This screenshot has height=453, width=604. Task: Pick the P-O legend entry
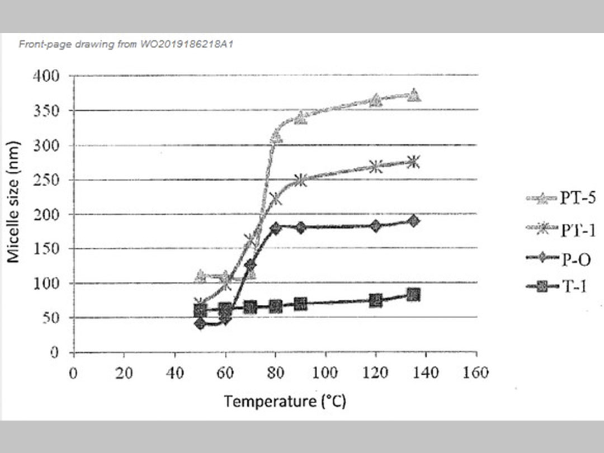pyautogui.click(x=559, y=259)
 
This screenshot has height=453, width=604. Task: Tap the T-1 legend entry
pyautogui.click(x=559, y=289)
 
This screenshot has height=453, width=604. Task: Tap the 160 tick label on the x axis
pyautogui.click(x=476, y=373)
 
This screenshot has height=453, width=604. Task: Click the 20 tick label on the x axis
pyautogui.click(x=123, y=373)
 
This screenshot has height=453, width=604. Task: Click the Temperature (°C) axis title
pyautogui.click(x=285, y=401)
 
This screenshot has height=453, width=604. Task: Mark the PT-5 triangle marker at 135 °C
pyautogui.click(x=414, y=95)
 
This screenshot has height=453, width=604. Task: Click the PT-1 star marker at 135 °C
pyautogui.click(x=413, y=162)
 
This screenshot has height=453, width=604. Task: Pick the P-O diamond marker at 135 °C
pyautogui.click(x=413, y=220)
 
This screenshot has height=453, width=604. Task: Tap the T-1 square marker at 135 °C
pyautogui.click(x=413, y=295)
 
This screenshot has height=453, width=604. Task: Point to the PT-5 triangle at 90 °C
pyautogui.click(x=301, y=117)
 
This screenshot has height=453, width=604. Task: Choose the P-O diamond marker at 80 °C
pyautogui.click(x=275, y=228)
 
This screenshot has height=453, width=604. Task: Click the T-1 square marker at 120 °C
pyautogui.click(x=376, y=300)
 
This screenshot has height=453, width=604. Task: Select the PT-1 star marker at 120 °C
pyautogui.click(x=376, y=167)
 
